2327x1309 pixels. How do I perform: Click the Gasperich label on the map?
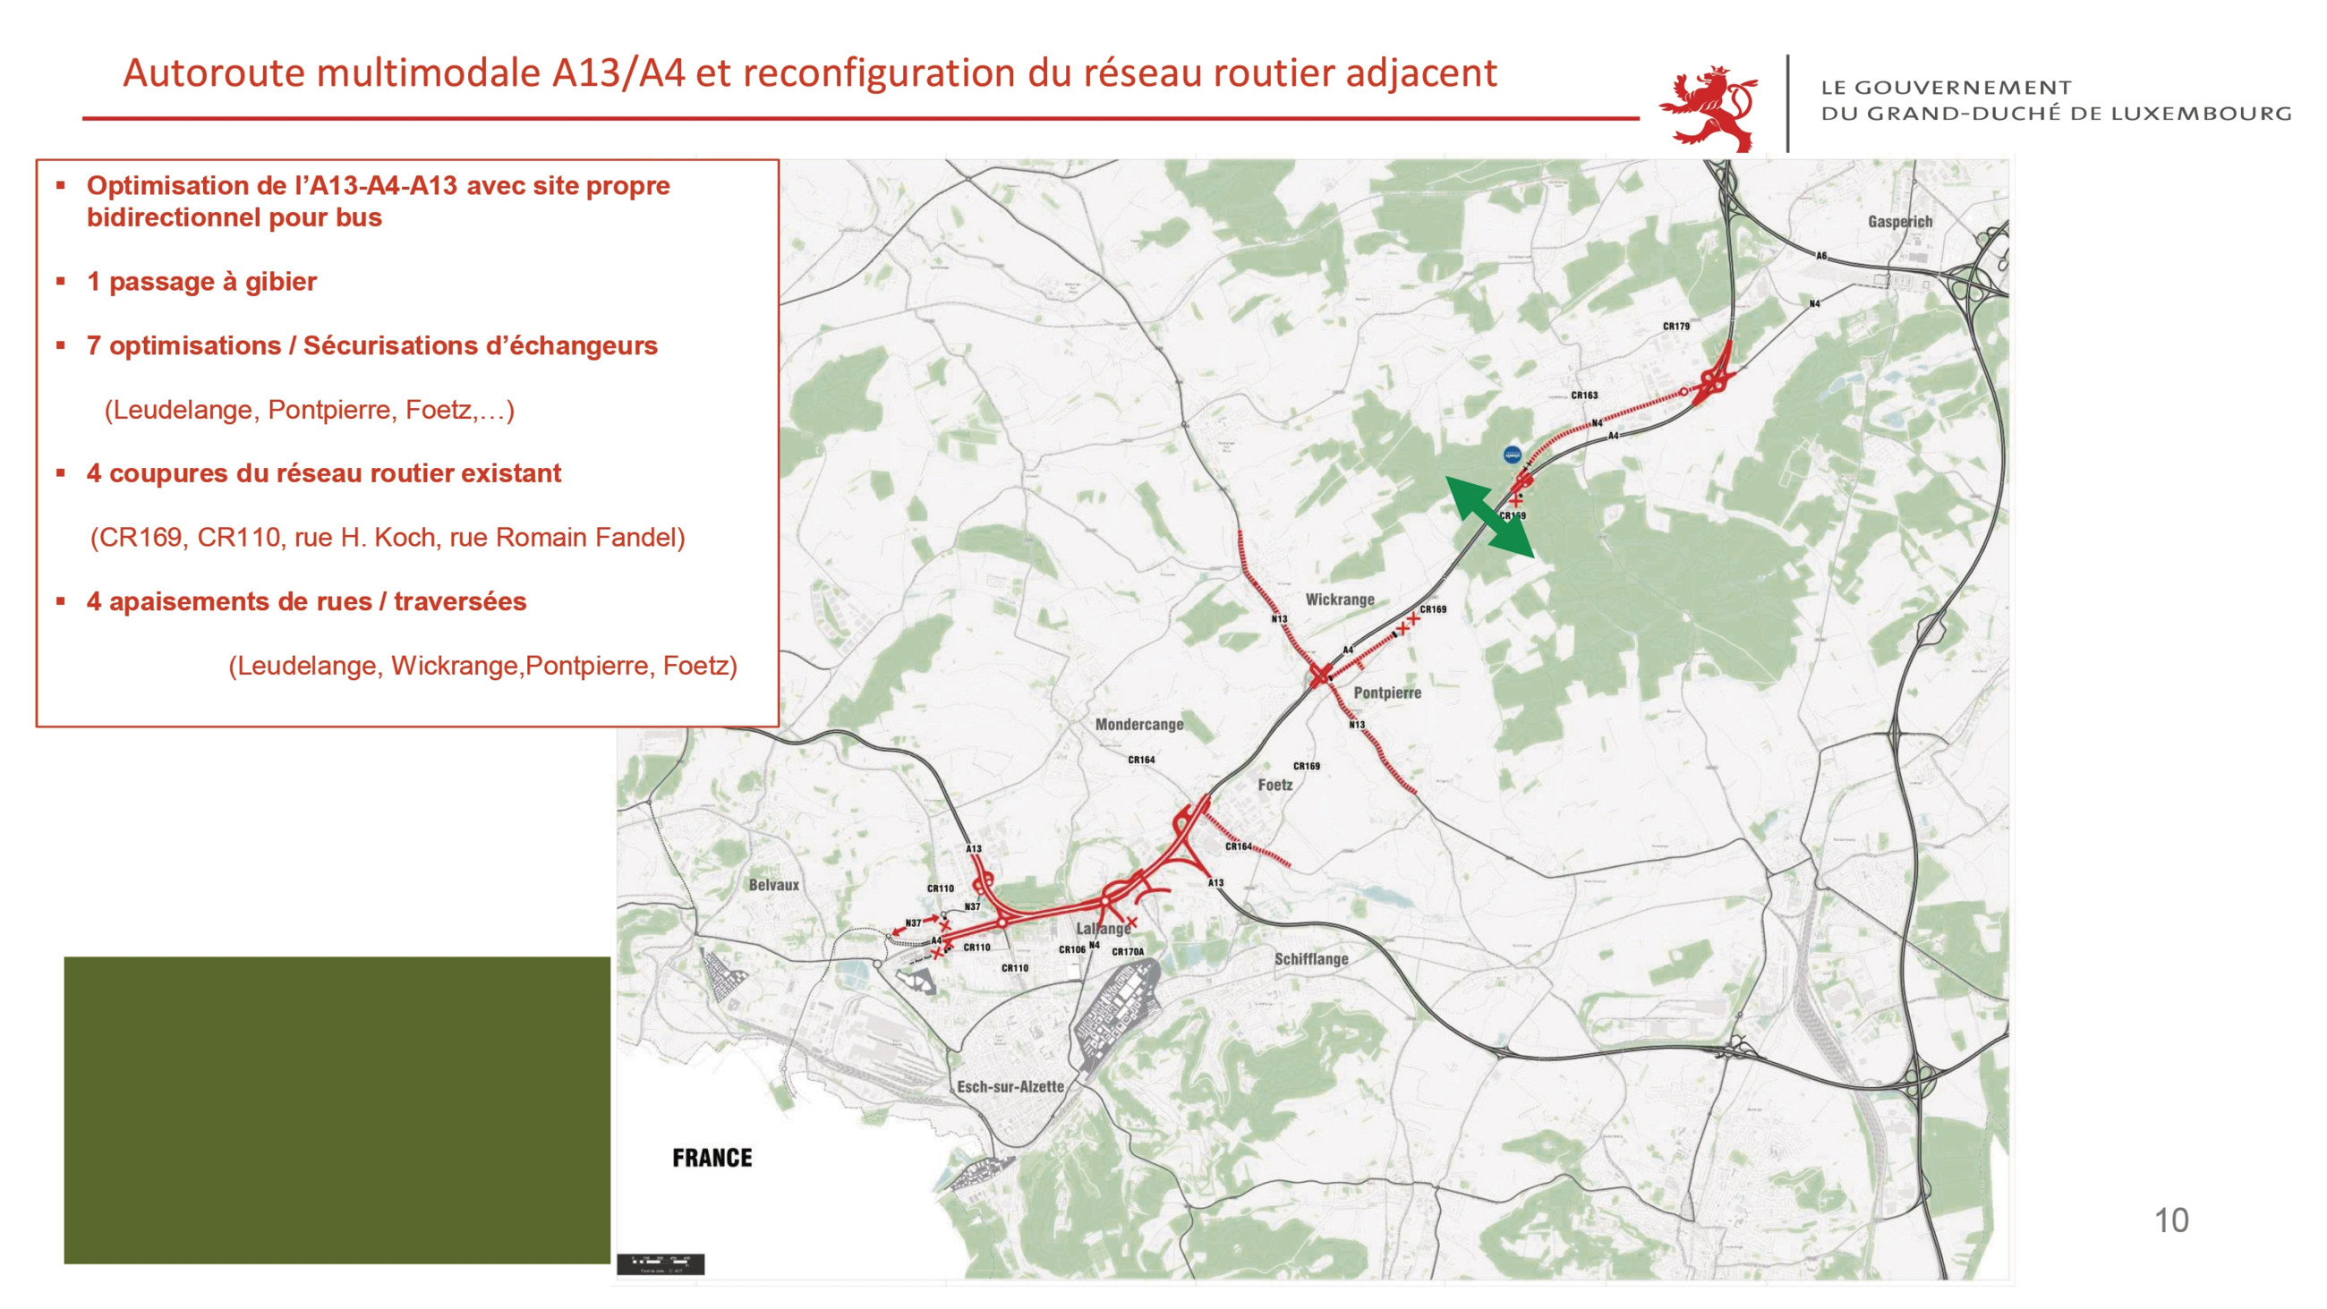click(1900, 221)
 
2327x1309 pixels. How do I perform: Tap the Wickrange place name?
click(1340, 599)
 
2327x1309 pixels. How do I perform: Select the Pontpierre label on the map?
click(1386, 693)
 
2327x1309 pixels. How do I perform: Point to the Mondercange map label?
click(1138, 725)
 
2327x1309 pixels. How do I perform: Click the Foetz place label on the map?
click(1274, 785)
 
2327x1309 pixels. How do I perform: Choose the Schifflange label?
click(1311, 958)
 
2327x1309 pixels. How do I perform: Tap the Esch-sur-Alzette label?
click(1010, 1087)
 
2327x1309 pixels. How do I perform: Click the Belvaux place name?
click(773, 885)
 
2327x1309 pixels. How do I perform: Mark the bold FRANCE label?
click(712, 1158)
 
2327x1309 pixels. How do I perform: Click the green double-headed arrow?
click(1489, 516)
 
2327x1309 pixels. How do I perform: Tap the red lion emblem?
click(1709, 106)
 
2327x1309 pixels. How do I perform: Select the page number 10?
click(2170, 1221)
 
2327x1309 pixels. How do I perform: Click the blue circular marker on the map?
click(1512, 455)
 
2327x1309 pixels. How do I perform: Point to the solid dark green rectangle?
click(337, 1109)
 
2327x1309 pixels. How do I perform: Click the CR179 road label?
click(1675, 326)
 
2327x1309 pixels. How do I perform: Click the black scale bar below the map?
click(660, 1263)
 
